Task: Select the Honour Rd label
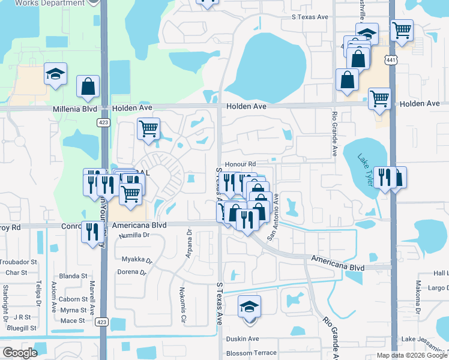240,164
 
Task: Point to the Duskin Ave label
243,338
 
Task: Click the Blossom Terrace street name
251,353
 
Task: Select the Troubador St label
18,262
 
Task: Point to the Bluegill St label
22,328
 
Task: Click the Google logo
20,353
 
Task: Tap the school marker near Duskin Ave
249,307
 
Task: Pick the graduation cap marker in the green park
55,74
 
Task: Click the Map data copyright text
412,355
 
